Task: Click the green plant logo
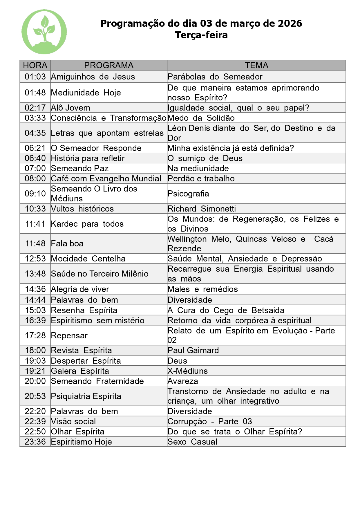(44, 32)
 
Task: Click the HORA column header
(35, 65)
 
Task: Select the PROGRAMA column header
(109, 65)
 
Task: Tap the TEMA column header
(256, 65)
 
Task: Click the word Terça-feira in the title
(201, 35)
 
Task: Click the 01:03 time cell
(35, 77)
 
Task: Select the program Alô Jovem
(70, 108)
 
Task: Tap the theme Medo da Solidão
(201, 118)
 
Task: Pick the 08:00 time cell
(35, 178)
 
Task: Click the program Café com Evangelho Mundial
(106, 178)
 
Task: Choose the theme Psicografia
(188, 194)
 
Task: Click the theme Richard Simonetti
(202, 209)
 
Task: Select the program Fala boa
(67, 243)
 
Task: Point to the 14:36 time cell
(35, 289)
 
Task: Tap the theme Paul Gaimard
(193, 350)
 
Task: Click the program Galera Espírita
(80, 371)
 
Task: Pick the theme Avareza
(183, 381)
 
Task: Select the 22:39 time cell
(35, 421)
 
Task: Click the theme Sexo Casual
(192, 442)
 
